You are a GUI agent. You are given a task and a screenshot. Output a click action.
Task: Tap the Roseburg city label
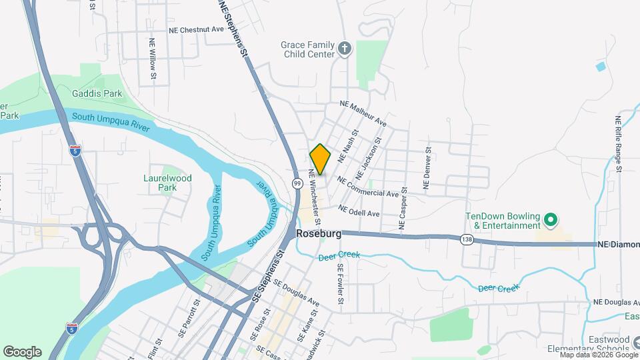pos(319,234)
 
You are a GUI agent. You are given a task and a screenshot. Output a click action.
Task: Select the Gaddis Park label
pos(98,94)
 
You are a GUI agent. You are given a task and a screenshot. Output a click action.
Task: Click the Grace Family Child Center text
pos(307,50)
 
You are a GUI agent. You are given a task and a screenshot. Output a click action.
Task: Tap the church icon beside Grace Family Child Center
pos(344,47)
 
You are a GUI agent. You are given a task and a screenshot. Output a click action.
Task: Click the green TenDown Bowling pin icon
pos(551,219)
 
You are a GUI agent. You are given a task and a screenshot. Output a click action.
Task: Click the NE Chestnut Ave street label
pos(196,29)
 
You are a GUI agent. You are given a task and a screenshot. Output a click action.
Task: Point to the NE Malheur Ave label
pos(363,113)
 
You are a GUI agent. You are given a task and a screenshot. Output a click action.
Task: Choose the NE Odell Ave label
pos(359,210)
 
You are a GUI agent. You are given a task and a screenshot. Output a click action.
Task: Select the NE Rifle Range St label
pos(619,144)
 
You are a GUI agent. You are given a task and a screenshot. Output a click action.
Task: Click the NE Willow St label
pos(153,63)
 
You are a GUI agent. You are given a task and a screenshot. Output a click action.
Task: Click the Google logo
pos(22,351)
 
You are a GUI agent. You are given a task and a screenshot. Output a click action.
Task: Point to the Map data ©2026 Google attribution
pos(598,355)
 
